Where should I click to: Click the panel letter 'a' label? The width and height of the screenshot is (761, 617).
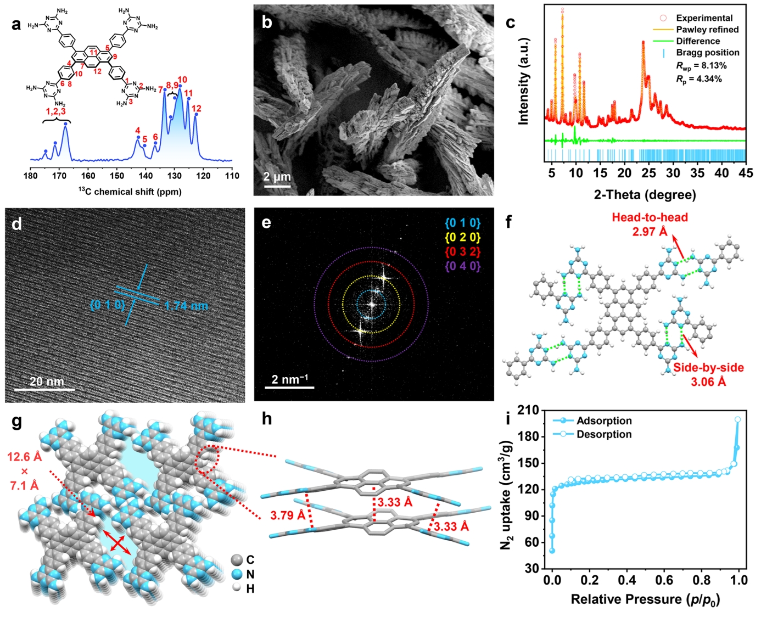[x=16, y=24]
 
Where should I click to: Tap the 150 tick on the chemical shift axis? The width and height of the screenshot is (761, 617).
[x=117, y=176]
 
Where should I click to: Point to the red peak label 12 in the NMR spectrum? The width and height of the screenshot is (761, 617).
[x=196, y=109]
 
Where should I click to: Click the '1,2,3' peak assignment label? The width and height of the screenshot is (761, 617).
[x=55, y=111]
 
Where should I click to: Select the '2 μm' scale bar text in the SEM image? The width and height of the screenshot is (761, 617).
[x=277, y=177]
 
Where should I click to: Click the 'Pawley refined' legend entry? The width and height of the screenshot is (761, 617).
[x=707, y=30]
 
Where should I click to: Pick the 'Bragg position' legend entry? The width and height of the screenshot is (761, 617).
[x=707, y=53]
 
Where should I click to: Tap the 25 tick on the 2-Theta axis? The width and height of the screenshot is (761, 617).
[x=649, y=173]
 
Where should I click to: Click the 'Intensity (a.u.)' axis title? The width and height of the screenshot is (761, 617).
[x=523, y=81]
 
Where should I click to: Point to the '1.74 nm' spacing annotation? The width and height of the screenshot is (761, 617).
[x=186, y=306]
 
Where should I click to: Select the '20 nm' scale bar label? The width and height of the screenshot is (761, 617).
[x=47, y=382]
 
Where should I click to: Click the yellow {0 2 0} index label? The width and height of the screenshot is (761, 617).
[x=462, y=238]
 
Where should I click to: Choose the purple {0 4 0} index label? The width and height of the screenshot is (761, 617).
[x=462, y=266]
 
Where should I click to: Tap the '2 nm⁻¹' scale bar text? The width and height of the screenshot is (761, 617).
[x=289, y=379]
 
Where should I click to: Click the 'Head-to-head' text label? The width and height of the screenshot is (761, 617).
[x=650, y=217]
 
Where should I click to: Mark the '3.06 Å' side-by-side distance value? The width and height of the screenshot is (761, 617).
[x=708, y=382]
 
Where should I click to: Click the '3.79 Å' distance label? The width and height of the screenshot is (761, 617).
[x=288, y=515]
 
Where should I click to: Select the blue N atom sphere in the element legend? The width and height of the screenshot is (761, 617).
[x=237, y=574]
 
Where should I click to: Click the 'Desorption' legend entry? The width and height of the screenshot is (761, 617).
[x=604, y=434]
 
